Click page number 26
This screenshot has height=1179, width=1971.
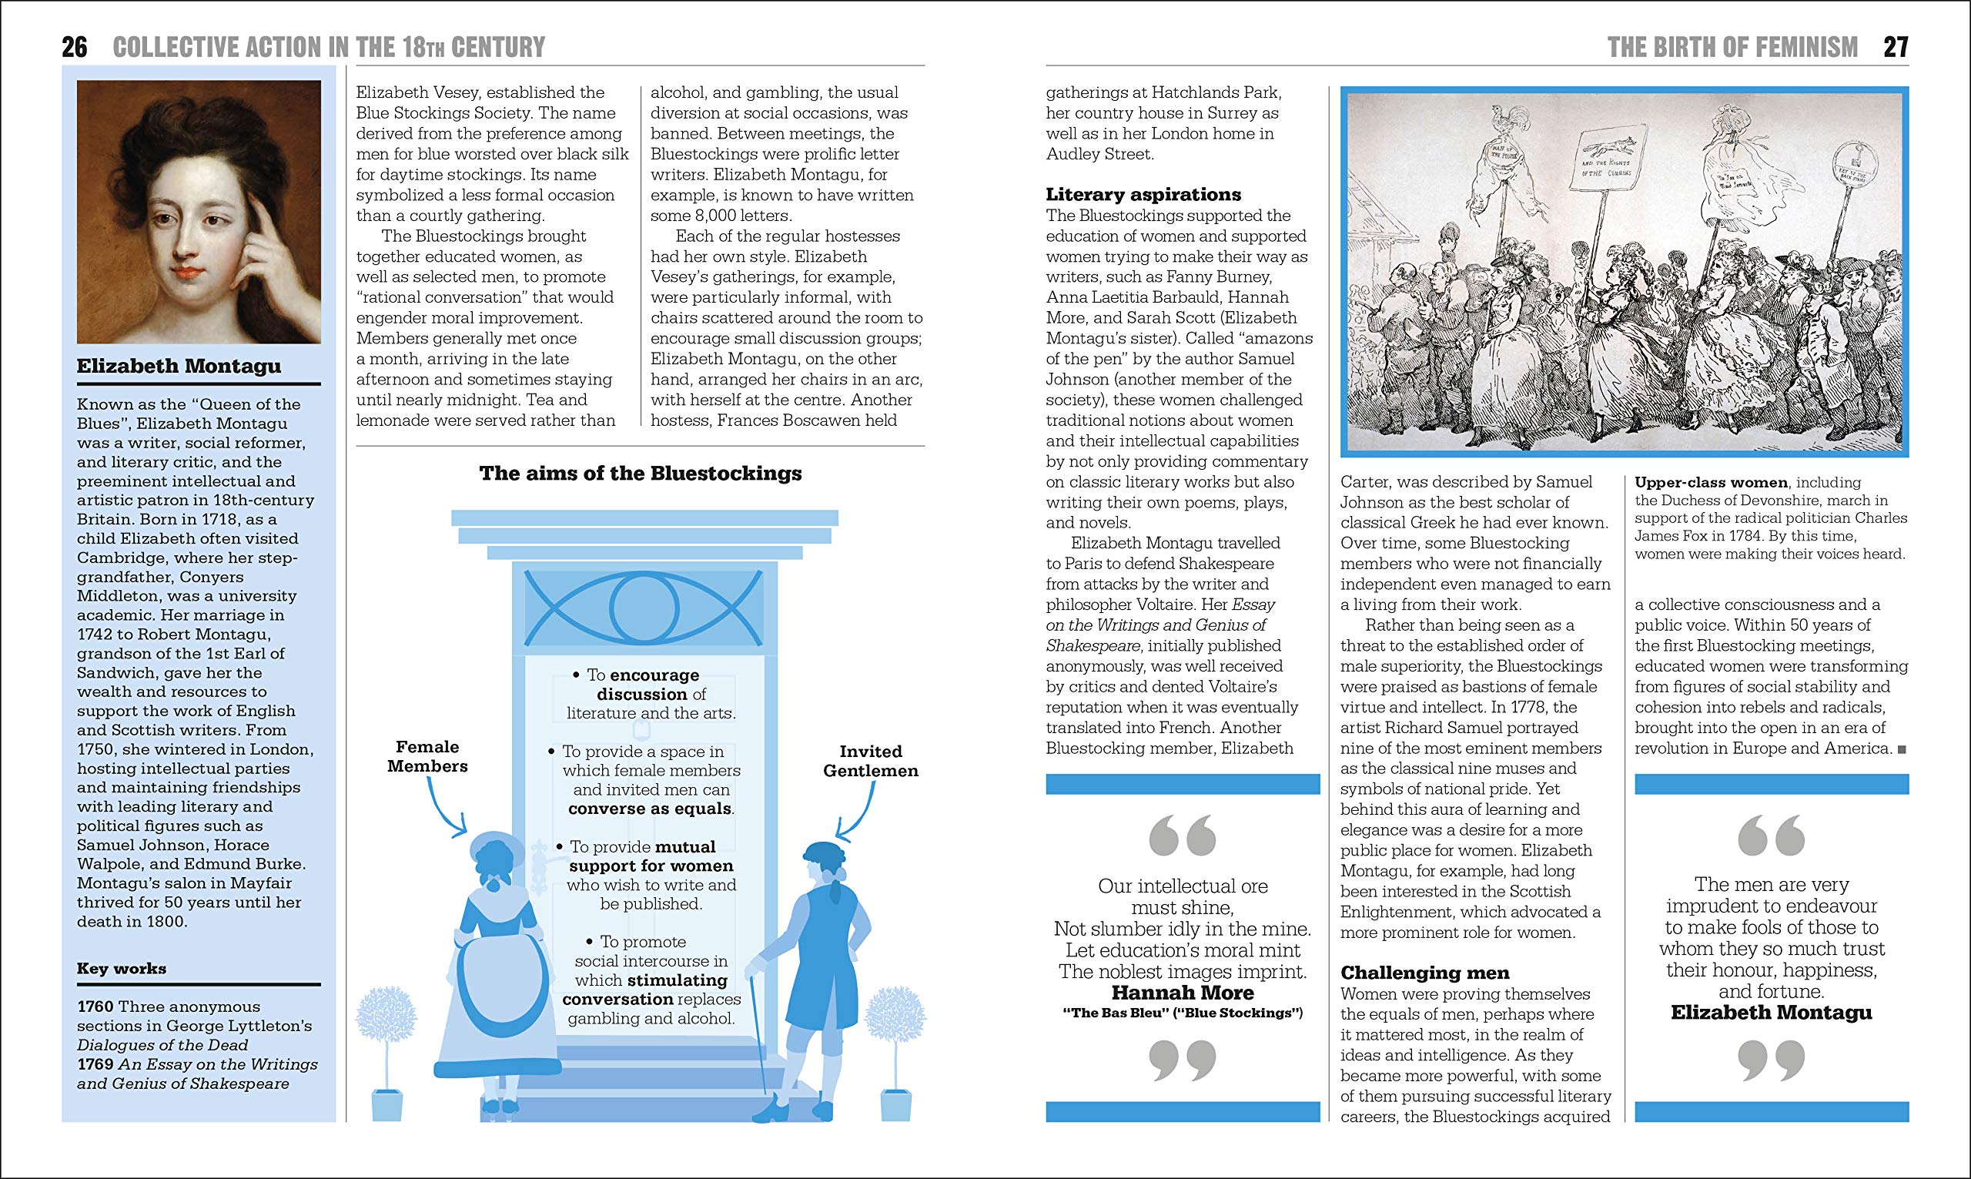point(75,47)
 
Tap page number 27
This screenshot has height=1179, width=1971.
point(1896,47)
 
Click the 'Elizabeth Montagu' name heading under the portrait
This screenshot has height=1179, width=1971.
point(179,367)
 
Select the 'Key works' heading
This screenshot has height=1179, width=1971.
point(122,969)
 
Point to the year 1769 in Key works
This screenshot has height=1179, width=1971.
point(95,1064)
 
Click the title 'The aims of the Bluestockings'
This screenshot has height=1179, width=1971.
point(640,474)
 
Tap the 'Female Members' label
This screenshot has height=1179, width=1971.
point(427,756)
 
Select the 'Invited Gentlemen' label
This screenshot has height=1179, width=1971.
point(870,761)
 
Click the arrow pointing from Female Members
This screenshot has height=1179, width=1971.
point(445,806)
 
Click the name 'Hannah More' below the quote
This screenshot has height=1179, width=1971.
point(1183,993)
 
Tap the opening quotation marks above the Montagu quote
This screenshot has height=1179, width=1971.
point(1771,836)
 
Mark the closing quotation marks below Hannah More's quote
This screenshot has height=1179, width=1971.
point(1183,1061)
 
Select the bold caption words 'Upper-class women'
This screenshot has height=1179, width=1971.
point(1711,482)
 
